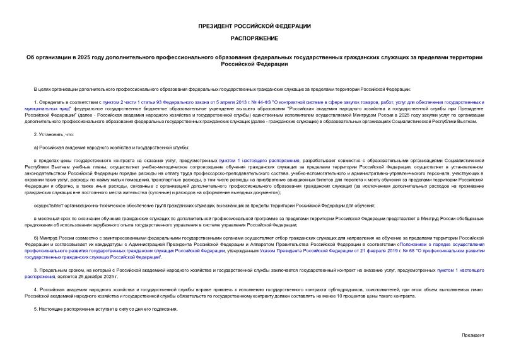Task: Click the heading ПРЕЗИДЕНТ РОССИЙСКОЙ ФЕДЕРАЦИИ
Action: point(254,26)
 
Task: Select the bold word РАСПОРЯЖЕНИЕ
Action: point(254,38)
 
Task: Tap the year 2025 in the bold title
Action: point(83,57)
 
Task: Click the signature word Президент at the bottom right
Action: point(473,335)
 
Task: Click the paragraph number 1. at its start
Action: point(35,102)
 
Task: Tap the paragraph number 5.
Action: point(35,310)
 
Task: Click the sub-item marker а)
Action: point(36,147)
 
